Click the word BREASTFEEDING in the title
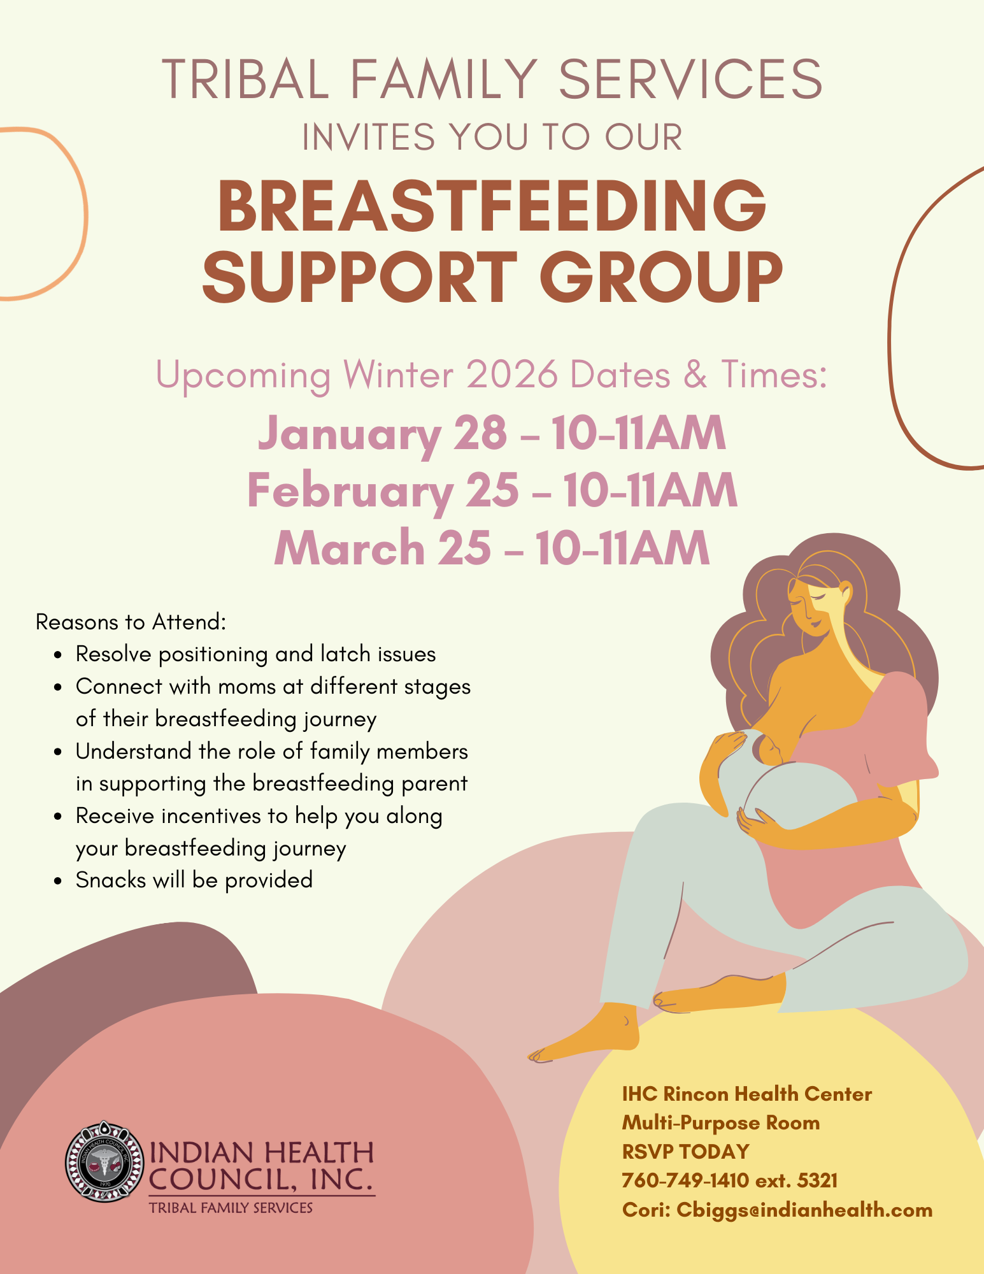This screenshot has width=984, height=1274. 492,205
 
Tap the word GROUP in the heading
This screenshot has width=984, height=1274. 661,277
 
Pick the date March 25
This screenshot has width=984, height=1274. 382,548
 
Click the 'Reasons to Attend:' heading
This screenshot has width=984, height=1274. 131,622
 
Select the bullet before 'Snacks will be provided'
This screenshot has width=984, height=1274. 58,882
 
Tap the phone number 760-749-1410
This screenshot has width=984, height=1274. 685,1180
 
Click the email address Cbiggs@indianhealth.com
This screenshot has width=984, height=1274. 804,1210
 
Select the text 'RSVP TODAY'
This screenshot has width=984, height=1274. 685,1151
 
